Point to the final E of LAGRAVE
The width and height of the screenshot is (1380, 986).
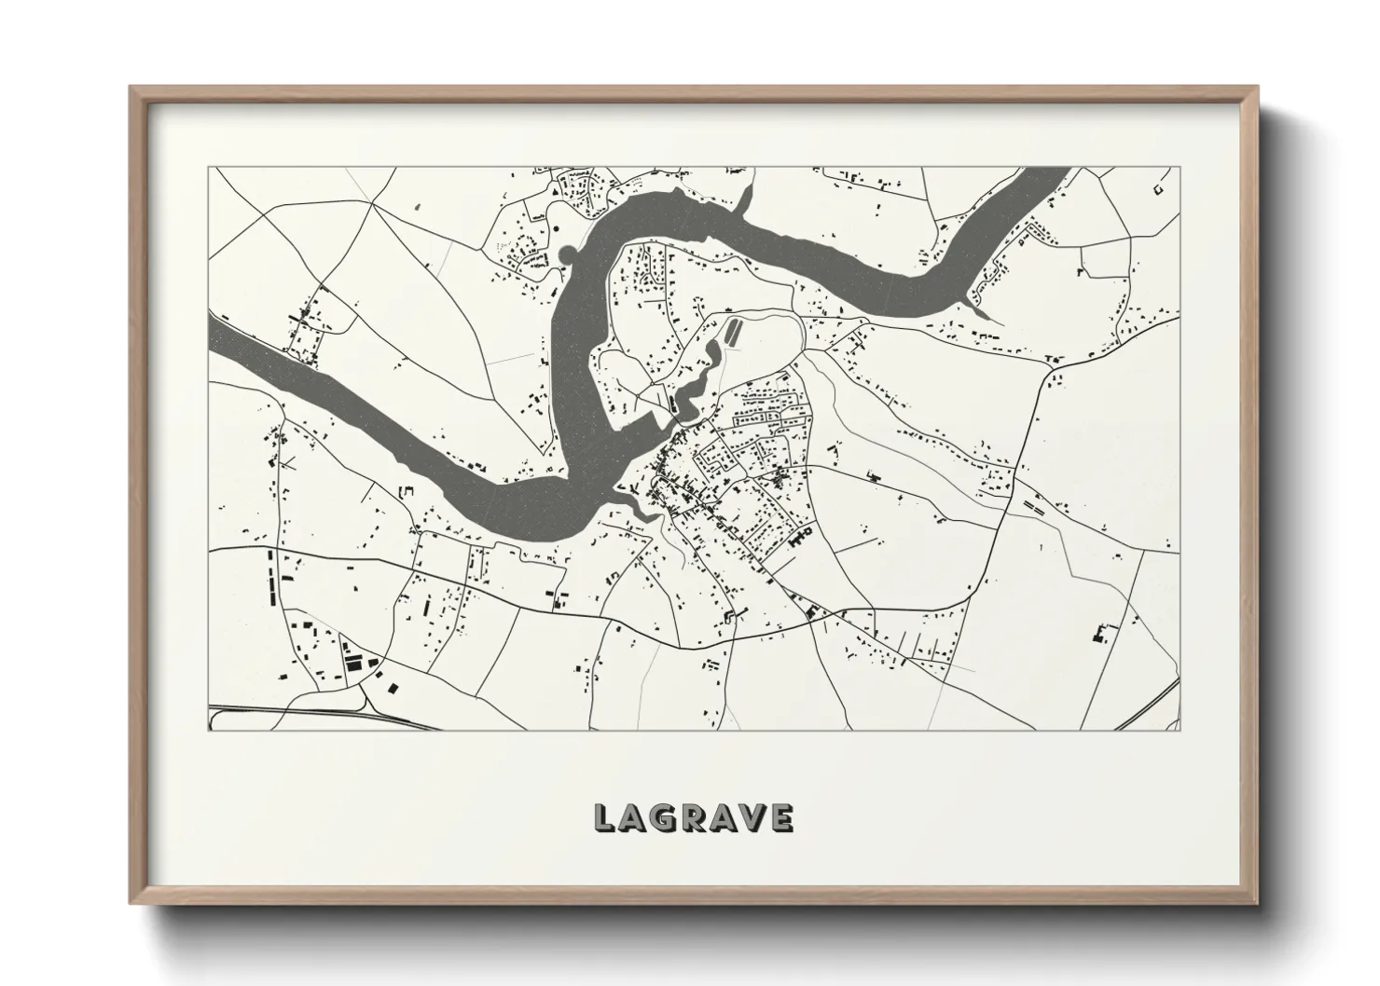click(x=780, y=818)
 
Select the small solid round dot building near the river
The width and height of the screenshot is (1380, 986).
click(x=557, y=227)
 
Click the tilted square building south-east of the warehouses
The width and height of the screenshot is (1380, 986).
click(x=393, y=688)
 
